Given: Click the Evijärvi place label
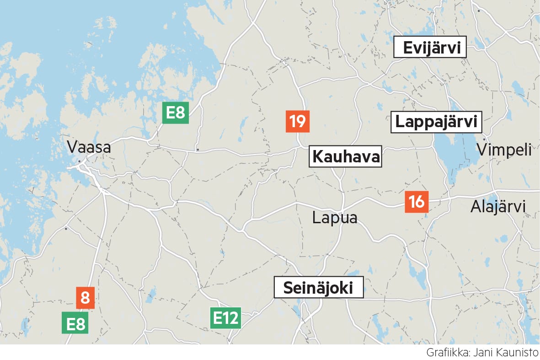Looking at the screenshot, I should click(x=430, y=47).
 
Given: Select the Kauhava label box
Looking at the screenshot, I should click(x=345, y=157).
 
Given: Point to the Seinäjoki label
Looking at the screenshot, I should click(x=318, y=288).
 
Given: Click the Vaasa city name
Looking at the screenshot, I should click(x=89, y=147).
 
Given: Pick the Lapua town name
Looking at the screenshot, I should click(x=334, y=218).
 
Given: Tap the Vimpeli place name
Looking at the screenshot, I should click(x=504, y=150).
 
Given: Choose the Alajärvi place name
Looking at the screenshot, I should click(x=498, y=207).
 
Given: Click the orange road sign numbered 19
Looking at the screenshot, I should click(x=297, y=122).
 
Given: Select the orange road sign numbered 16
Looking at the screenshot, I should click(x=417, y=201).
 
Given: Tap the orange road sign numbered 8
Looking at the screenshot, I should click(x=85, y=298).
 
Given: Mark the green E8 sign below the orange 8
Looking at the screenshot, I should click(x=75, y=323).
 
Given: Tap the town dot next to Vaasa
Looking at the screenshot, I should click(x=80, y=161).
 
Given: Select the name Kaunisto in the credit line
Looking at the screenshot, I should click(x=519, y=353).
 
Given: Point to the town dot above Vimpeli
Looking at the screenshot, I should click(x=484, y=140).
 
